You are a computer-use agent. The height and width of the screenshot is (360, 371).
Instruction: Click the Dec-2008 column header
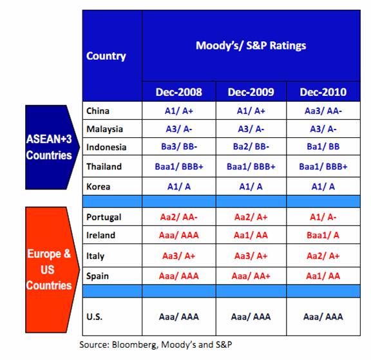(179, 92)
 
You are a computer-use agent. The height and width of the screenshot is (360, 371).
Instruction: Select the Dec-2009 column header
(251, 92)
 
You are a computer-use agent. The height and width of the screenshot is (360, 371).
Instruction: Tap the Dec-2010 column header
(323, 92)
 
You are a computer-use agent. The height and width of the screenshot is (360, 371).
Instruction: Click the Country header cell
(106, 56)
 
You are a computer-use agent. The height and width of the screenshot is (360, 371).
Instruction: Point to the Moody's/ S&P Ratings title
(251, 46)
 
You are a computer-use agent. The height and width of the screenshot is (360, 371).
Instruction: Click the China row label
(98, 111)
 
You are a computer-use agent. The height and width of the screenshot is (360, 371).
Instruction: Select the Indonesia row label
(106, 147)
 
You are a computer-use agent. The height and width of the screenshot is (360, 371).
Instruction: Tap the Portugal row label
(104, 218)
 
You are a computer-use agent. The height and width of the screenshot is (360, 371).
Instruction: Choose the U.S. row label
(95, 317)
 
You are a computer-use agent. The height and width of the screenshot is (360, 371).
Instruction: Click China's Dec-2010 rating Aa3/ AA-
(323, 111)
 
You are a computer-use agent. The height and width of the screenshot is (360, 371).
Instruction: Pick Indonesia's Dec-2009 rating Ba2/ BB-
(251, 147)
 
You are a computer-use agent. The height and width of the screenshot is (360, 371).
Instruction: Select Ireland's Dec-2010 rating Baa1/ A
(323, 235)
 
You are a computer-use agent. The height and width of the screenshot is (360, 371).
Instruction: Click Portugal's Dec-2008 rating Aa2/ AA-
(179, 217)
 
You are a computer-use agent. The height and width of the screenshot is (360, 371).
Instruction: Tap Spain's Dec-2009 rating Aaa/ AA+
(251, 276)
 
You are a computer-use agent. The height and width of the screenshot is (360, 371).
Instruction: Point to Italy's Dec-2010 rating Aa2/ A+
(323, 256)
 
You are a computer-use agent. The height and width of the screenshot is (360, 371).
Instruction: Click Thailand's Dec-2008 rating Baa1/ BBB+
(179, 167)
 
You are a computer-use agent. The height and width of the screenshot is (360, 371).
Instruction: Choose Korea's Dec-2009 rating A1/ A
(251, 187)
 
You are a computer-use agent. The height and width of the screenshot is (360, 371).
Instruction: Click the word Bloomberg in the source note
(135, 345)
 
